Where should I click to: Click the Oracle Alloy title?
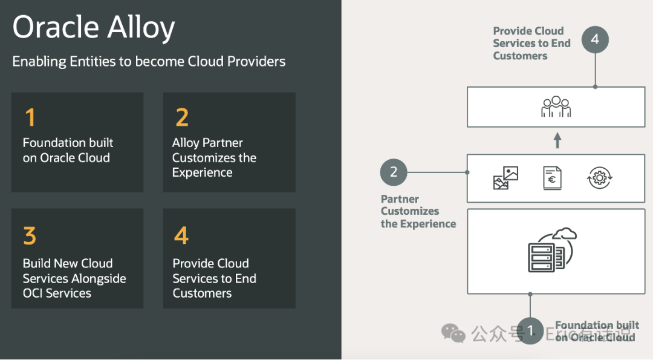click(x=94, y=28)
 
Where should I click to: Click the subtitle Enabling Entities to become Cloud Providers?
click(x=149, y=61)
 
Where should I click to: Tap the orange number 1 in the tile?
click(x=30, y=117)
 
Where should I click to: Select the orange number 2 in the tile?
click(x=181, y=117)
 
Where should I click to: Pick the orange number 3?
click(x=30, y=235)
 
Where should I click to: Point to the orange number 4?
click(x=181, y=235)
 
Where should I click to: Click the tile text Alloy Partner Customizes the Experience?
click(x=214, y=158)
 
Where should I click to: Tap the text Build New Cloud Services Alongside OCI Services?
click(x=74, y=278)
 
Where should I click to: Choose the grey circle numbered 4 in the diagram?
click(x=595, y=39)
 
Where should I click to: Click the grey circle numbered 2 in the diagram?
click(x=394, y=172)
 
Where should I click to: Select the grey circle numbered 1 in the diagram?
click(x=530, y=331)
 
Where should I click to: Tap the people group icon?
click(x=556, y=107)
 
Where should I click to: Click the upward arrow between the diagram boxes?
click(x=557, y=141)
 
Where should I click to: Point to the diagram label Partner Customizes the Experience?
click(x=418, y=211)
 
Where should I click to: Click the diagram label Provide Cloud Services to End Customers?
click(x=531, y=43)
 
